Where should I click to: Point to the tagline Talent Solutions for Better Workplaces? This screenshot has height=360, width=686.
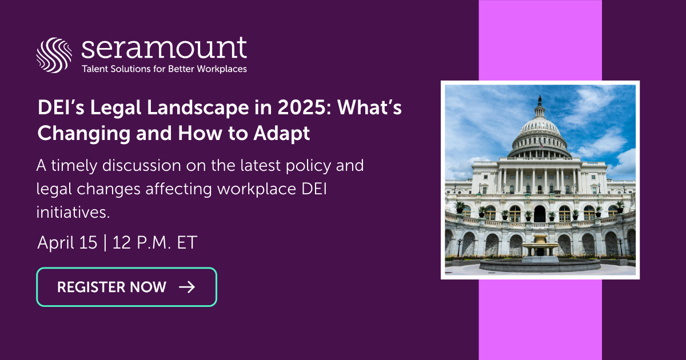[165, 69]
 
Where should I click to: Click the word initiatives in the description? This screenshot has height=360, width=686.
[72, 212]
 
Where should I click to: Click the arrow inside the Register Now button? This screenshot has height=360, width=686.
[187, 287]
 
